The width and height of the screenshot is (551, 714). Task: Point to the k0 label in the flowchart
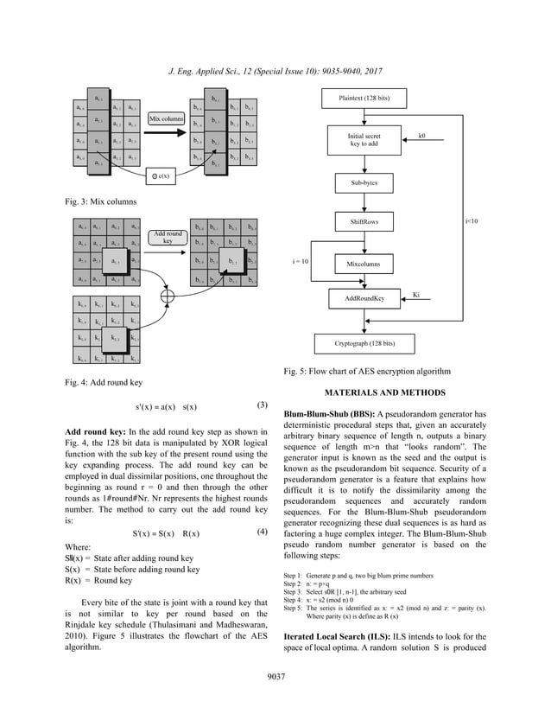click(421, 136)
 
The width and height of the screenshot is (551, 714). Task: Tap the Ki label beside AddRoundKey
click(416, 294)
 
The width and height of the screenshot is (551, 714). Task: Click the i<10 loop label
click(472, 221)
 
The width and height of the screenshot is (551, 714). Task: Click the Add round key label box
click(167, 237)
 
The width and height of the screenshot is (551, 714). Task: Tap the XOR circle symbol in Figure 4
click(167, 295)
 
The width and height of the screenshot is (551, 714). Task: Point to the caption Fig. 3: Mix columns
click(102, 201)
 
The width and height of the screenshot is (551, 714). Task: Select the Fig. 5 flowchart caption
click(367, 372)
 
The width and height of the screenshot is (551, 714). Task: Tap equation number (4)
click(265, 532)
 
